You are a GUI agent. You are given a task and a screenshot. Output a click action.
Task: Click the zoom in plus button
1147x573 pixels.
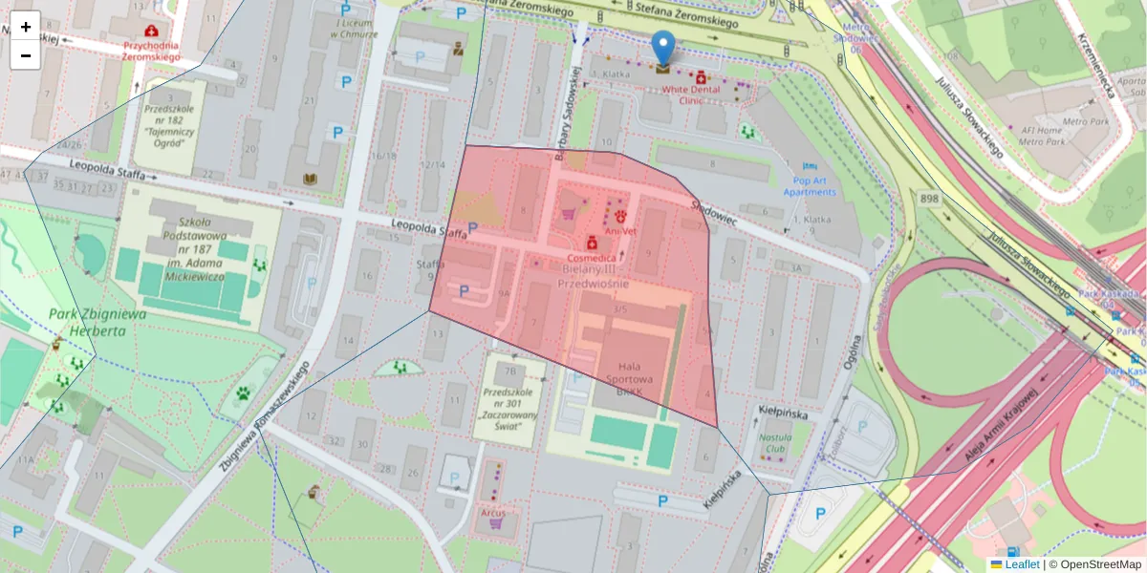(26, 27)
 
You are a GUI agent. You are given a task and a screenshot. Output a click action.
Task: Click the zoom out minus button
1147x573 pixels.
(26, 55)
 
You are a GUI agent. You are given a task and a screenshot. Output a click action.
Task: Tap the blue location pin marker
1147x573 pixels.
(662, 48)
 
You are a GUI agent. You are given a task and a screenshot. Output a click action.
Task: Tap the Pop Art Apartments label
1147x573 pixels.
(810, 186)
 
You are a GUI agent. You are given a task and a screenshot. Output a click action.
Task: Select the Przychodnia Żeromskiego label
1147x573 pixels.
(152, 51)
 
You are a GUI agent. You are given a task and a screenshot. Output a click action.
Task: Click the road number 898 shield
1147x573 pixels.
(929, 199)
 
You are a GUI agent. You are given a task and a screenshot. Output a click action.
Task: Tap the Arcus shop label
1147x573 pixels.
(493, 513)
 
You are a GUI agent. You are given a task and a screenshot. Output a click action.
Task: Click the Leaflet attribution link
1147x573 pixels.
(1022, 564)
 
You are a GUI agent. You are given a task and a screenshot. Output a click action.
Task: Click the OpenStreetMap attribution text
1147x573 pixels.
(1094, 564)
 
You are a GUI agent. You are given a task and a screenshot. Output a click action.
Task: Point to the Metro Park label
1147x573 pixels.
(1041, 142)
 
